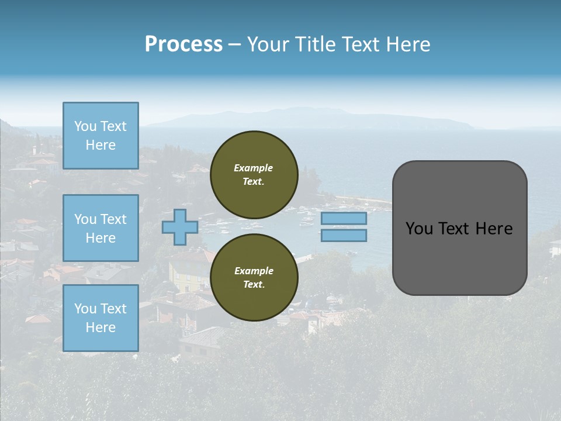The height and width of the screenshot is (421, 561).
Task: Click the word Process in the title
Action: coord(183,44)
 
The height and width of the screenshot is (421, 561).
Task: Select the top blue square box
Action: coord(101,136)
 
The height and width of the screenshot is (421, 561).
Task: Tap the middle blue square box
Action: coord(101,228)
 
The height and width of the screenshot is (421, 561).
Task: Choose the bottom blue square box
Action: coord(101,318)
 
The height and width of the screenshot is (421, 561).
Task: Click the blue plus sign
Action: coord(179,227)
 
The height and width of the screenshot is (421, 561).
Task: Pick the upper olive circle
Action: coord(254,175)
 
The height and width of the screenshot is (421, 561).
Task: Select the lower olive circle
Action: coord(254,278)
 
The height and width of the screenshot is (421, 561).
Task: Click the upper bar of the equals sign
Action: coord(344,219)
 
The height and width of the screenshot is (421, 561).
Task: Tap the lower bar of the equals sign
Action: coord(344,236)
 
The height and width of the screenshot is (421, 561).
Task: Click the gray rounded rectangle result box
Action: coord(459,257)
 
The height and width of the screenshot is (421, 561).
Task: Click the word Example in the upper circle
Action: coord(254,168)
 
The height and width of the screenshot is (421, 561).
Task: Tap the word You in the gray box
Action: coord(418,229)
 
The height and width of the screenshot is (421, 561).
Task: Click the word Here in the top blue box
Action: coord(101,145)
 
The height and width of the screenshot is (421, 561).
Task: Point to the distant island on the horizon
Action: coord(316,119)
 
